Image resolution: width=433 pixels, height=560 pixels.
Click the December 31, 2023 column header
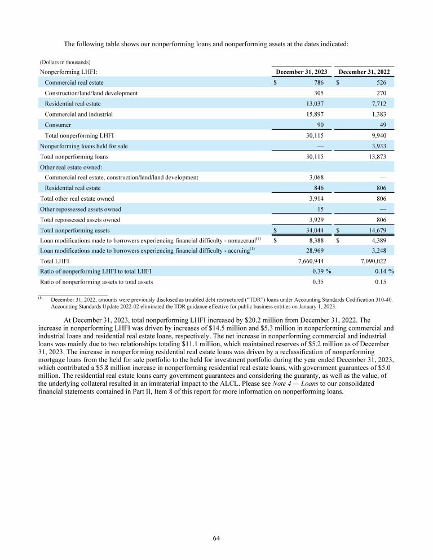[x=302, y=72]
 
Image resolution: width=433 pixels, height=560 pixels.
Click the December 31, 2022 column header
[x=364, y=72]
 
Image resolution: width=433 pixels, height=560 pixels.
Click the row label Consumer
[x=58, y=125]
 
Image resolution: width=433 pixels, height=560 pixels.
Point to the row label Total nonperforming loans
[x=74, y=156]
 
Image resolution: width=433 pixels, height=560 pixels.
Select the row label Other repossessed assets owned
[x=81, y=209]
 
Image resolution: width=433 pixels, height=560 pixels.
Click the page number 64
[x=216, y=538]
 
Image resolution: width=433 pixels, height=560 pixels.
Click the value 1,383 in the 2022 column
[x=385, y=114]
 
